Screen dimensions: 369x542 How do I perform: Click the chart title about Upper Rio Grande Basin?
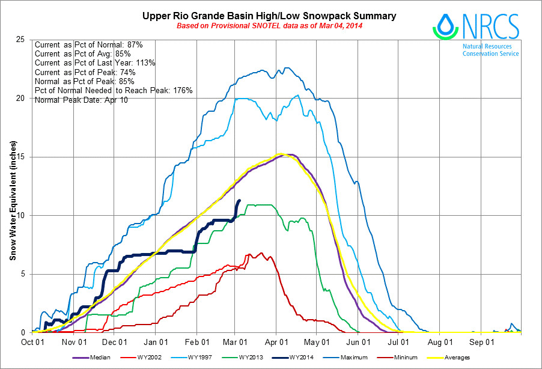pyautogui.click(x=269, y=16)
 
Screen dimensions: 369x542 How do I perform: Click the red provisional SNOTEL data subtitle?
pyautogui.click(x=269, y=26)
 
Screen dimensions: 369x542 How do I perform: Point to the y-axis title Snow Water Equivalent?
pyautogui.click(x=13, y=200)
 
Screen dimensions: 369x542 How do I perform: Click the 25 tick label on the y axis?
pyautogui.click(x=21, y=40)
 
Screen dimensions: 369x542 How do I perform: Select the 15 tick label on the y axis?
pyautogui.click(x=21, y=157)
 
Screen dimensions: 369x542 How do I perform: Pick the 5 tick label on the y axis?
pyautogui.click(x=23, y=274)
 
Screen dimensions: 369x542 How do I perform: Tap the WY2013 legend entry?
pyautogui.click(x=279, y=358)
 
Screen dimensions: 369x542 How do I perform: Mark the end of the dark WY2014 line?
pyautogui.click(x=240, y=201)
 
